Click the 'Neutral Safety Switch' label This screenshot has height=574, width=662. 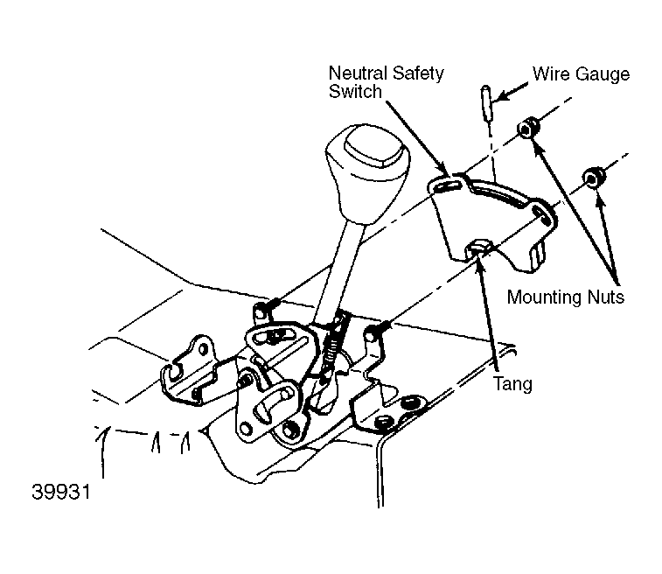point(386,82)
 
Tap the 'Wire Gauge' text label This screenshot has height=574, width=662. point(581,73)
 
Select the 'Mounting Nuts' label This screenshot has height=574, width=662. point(565,297)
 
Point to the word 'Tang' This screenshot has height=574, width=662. point(512,384)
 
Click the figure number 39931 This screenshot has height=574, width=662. point(61,492)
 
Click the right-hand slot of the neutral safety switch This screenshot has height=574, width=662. point(541,214)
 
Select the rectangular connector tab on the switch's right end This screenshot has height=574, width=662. point(536,255)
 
